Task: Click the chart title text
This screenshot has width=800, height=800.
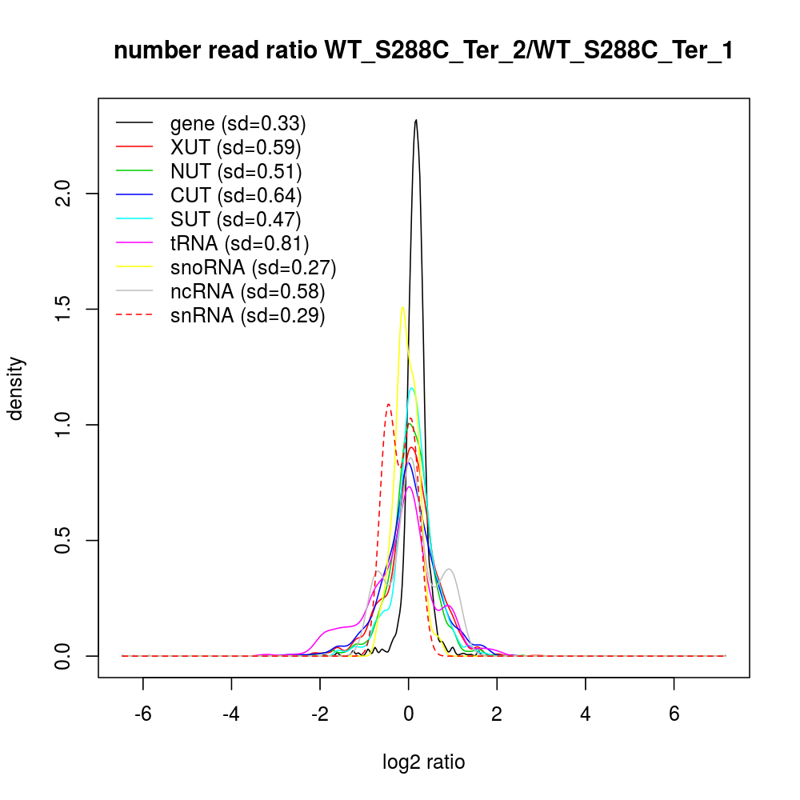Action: coord(423,51)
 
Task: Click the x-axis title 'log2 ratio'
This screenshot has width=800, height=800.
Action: coord(424,762)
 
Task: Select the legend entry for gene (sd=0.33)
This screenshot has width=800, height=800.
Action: coord(238,123)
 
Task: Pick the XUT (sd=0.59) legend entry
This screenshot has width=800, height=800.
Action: coord(235,147)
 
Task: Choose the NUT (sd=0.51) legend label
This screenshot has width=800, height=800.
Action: coord(236,171)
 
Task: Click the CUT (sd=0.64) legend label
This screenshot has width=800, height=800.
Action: coord(236,195)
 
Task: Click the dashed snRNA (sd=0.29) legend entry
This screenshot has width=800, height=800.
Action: coord(247,315)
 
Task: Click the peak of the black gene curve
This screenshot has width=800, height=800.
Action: coord(416,120)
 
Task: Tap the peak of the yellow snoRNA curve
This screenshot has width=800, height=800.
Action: coord(402,307)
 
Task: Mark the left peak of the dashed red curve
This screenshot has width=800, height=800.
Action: coord(389,404)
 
